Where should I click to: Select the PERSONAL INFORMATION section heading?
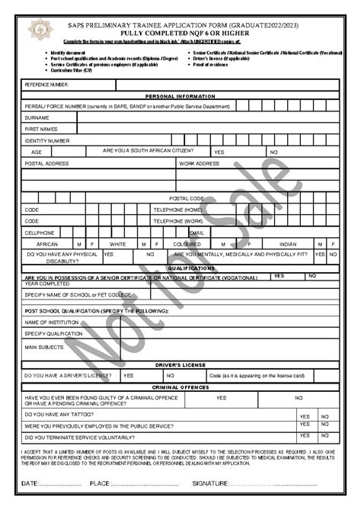pyautogui.click(x=180, y=97)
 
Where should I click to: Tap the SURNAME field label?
pyautogui.click(x=37, y=118)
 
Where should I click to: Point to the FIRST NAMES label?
pyautogui.click(x=42, y=130)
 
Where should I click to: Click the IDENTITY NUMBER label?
pyautogui.click(x=47, y=141)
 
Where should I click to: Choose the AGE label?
pyautogui.click(x=37, y=152)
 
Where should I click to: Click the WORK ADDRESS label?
pyautogui.click(x=200, y=164)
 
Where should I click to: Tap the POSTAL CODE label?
pyautogui.click(x=187, y=198)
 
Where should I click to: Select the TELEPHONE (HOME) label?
pyautogui.click(x=178, y=210)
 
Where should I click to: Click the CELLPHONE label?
pyautogui.click(x=40, y=233)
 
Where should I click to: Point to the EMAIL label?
pyautogui.click(x=196, y=233)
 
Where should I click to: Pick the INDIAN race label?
pyautogui.click(x=288, y=244)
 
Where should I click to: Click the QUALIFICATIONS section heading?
pyautogui.click(x=180, y=268)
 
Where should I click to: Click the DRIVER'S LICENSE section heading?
pyautogui.click(x=180, y=366)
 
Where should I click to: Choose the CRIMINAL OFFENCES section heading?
pyautogui.click(x=180, y=388)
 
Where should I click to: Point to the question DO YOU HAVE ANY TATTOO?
pyautogui.click(x=59, y=414)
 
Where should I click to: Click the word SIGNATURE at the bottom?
pyautogui.click(x=210, y=484)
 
